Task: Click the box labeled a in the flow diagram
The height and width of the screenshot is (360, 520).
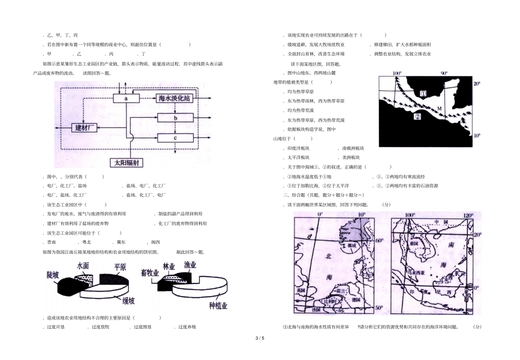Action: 126,98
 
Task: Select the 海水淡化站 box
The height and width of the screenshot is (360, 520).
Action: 174,98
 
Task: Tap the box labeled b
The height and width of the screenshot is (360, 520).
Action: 175,118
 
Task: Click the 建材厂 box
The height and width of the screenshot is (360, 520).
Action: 85,127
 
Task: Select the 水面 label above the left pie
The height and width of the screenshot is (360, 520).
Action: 84,265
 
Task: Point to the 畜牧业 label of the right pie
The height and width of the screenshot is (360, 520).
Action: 149,272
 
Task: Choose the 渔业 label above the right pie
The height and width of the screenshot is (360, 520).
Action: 190,265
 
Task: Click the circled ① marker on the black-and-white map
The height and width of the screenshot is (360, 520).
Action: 423,94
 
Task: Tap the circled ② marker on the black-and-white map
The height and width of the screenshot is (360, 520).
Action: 417,117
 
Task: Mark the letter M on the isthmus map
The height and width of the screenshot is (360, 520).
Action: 439,109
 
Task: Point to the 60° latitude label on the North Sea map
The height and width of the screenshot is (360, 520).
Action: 378,241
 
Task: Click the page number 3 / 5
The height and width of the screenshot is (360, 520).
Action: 259,339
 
